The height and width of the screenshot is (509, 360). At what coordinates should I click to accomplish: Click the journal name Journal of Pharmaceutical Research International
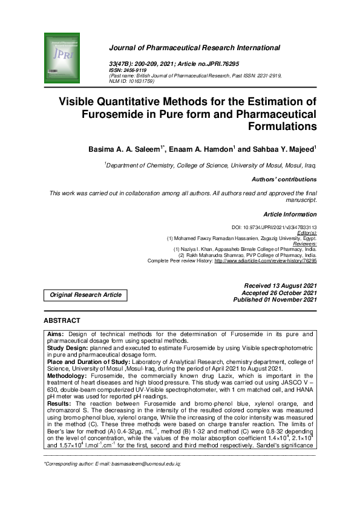pos(194,47)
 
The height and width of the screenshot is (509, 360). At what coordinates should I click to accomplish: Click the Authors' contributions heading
pos(283,180)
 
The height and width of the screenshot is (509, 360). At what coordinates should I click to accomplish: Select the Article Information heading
pos(289,214)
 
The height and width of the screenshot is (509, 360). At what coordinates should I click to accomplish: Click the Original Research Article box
pos(85,295)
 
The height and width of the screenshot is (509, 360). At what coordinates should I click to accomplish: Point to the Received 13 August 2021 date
pos(280,285)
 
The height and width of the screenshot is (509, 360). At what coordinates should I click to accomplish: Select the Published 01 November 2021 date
pos(275,299)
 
